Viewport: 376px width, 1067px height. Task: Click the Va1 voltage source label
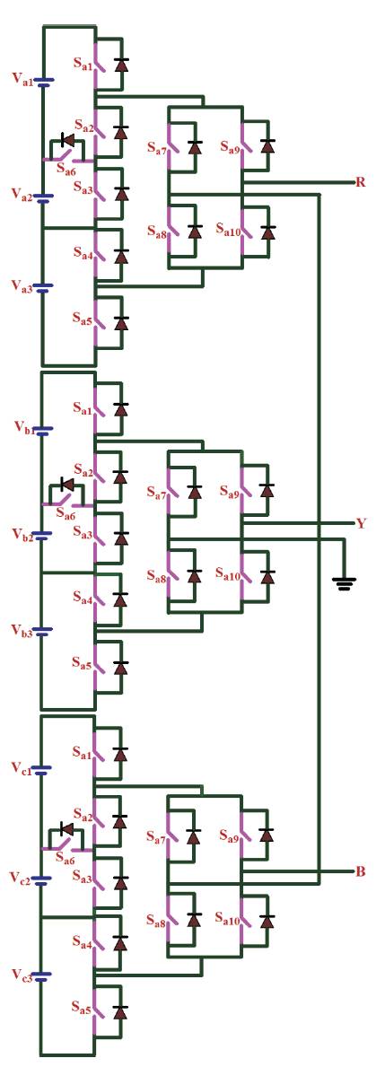21,77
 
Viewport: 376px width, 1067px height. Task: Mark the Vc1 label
21,767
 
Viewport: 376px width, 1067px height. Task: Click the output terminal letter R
361,182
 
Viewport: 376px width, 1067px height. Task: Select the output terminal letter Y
361,524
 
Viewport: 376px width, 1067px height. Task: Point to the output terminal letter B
361,871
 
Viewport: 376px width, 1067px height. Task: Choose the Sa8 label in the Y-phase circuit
158,579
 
